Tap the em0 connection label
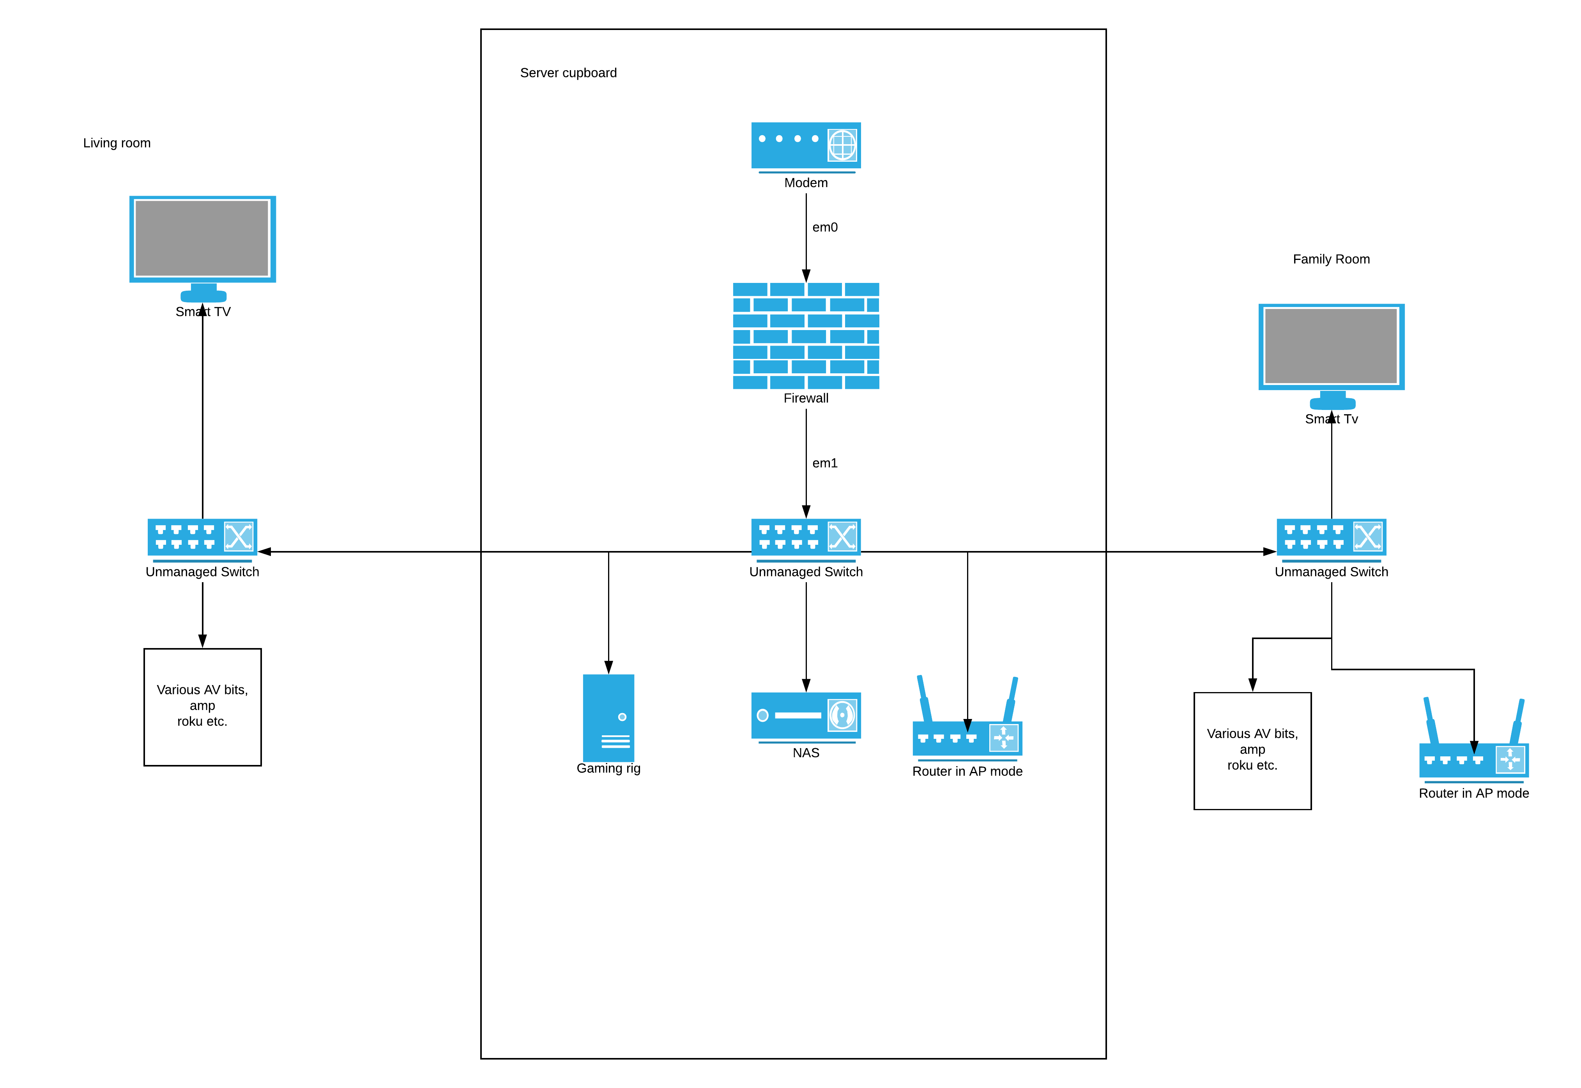[824, 228]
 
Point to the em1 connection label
[824, 464]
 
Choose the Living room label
[117, 143]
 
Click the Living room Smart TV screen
[202, 238]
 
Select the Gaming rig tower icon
[608, 717]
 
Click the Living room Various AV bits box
[202, 707]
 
